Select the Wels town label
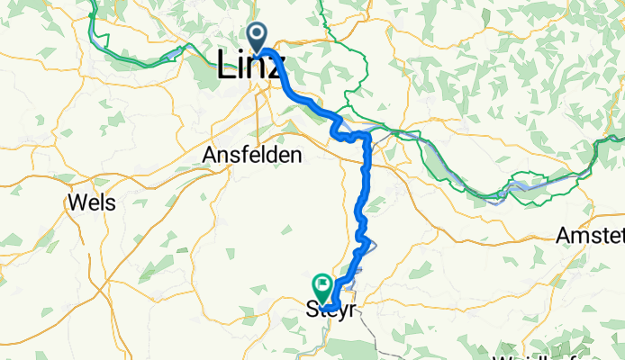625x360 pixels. click(92, 202)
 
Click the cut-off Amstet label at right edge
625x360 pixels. click(591, 235)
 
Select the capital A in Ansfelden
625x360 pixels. click(208, 155)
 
